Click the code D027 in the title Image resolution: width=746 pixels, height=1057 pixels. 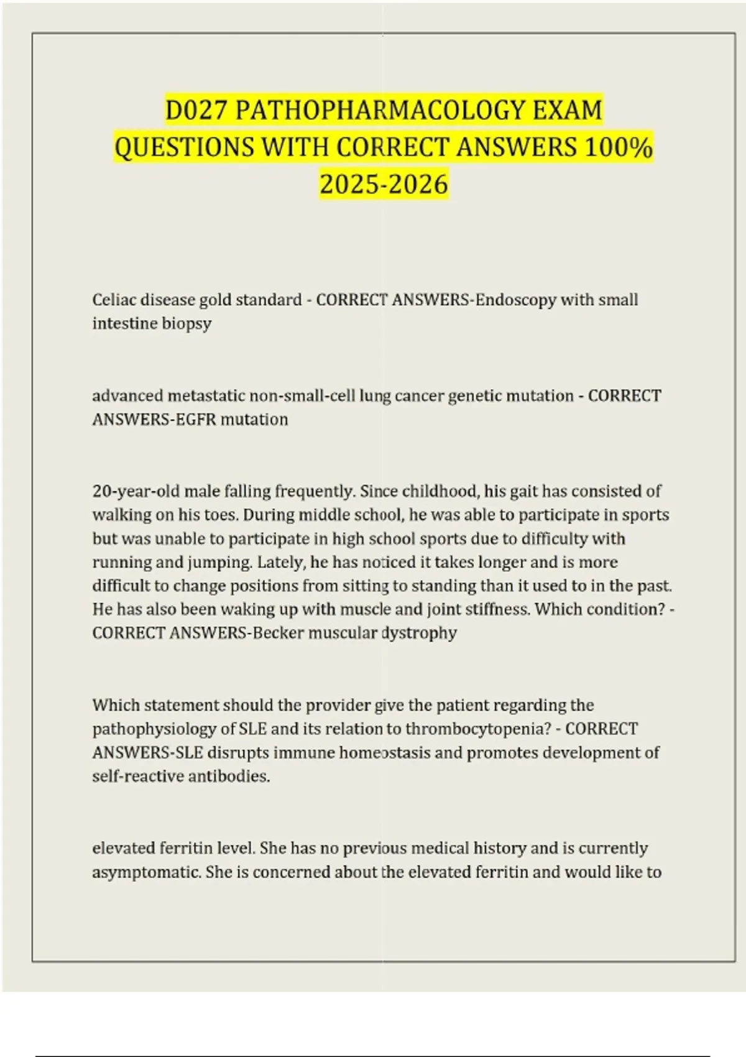coord(198,111)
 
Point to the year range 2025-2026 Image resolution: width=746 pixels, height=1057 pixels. coord(384,184)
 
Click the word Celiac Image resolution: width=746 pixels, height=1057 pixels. coord(113,300)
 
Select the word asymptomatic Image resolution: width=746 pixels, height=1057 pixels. coord(147,872)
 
